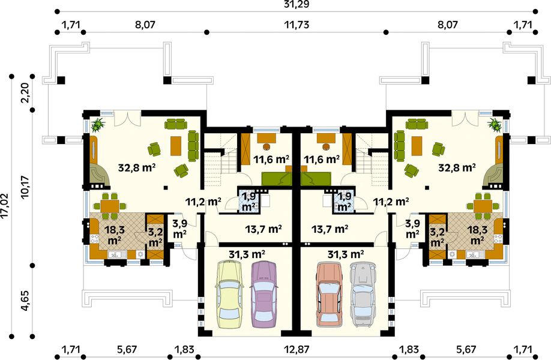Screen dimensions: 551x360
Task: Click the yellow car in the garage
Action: click(229, 295)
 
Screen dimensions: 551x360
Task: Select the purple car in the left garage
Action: click(264, 295)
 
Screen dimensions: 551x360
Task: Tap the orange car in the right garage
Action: click(330, 295)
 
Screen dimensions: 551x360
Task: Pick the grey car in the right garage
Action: click(364, 295)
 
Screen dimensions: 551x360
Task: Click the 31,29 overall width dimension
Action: click(296, 4)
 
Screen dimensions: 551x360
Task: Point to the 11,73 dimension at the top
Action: click(297, 25)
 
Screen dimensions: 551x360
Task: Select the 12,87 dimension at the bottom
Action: click(297, 350)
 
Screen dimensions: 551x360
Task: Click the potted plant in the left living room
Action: click(98, 124)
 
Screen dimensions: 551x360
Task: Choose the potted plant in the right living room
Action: click(495, 124)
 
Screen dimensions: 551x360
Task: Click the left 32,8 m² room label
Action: click(137, 167)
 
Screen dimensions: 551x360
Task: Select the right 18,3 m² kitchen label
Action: click(477, 235)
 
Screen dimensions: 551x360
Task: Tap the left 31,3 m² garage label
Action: click(247, 254)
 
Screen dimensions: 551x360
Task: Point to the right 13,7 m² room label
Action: click(330, 229)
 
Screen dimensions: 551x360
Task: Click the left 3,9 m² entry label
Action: click(179, 228)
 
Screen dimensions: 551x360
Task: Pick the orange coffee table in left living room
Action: click(176, 146)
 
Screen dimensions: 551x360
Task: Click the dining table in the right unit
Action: click(483, 206)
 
